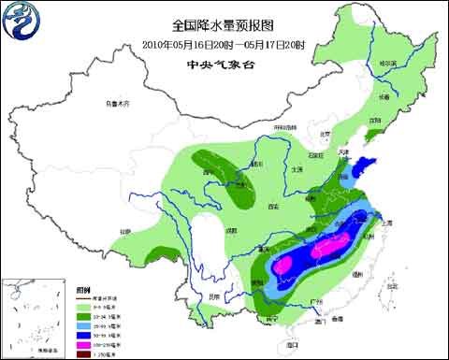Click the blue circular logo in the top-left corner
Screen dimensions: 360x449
tap(21, 23)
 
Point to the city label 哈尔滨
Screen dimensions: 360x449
tap(388, 64)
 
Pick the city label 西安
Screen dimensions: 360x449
tap(274, 204)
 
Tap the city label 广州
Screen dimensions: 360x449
tap(312, 301)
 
